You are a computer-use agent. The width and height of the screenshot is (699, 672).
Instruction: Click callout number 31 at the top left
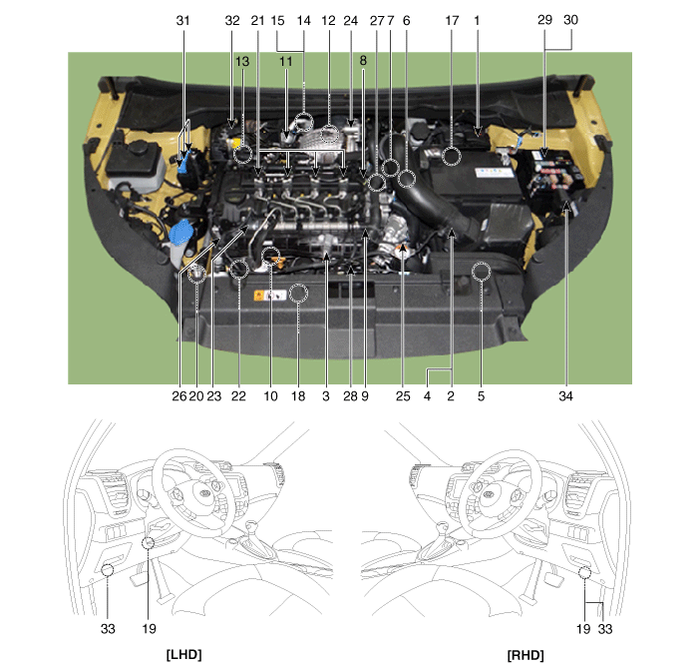(x=183, y=21)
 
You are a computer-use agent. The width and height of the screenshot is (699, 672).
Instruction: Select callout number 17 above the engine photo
(x=452, y=21)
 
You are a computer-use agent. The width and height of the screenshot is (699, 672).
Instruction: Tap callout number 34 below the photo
(x=565, y=396)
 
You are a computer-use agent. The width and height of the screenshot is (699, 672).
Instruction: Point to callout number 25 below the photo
(x=403, y=396)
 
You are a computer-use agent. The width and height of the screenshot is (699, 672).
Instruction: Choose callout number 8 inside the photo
(x=363, y=60)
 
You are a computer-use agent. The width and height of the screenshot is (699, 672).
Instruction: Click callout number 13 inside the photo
(x=242, y=61)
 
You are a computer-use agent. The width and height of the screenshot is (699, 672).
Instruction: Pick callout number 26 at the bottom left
(x=179, y=396)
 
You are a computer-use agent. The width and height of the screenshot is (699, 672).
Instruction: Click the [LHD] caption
(x=183, y=655)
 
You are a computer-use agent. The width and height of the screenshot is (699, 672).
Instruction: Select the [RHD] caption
(x=525, y=655)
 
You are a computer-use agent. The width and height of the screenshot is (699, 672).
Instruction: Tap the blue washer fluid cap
(x=180, y=233)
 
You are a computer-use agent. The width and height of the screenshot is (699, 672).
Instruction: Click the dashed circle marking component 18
(x=298, y=294)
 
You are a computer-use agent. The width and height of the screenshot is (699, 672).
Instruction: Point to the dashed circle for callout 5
(x=481, y=272)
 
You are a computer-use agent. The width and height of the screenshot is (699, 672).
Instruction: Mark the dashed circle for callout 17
(x=452, y=157)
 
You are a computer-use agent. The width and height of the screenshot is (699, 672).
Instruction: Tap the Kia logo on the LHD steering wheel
(x=204, y=493)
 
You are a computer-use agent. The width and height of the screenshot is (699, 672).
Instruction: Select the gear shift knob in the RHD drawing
(x=442, y=529)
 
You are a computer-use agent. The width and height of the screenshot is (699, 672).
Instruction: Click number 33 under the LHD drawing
(x=108, y=629)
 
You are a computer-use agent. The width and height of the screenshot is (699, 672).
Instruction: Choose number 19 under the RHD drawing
(x=583, y=629)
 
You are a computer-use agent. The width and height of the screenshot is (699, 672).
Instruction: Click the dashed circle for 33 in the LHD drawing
(x=108, y=570)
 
